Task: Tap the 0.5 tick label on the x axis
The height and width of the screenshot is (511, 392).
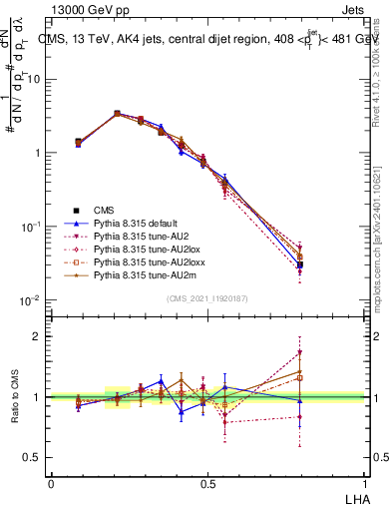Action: pos(206,483)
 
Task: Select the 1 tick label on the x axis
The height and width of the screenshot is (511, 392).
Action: pos(362,483)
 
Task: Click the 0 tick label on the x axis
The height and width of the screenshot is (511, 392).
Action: pos(51,483)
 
